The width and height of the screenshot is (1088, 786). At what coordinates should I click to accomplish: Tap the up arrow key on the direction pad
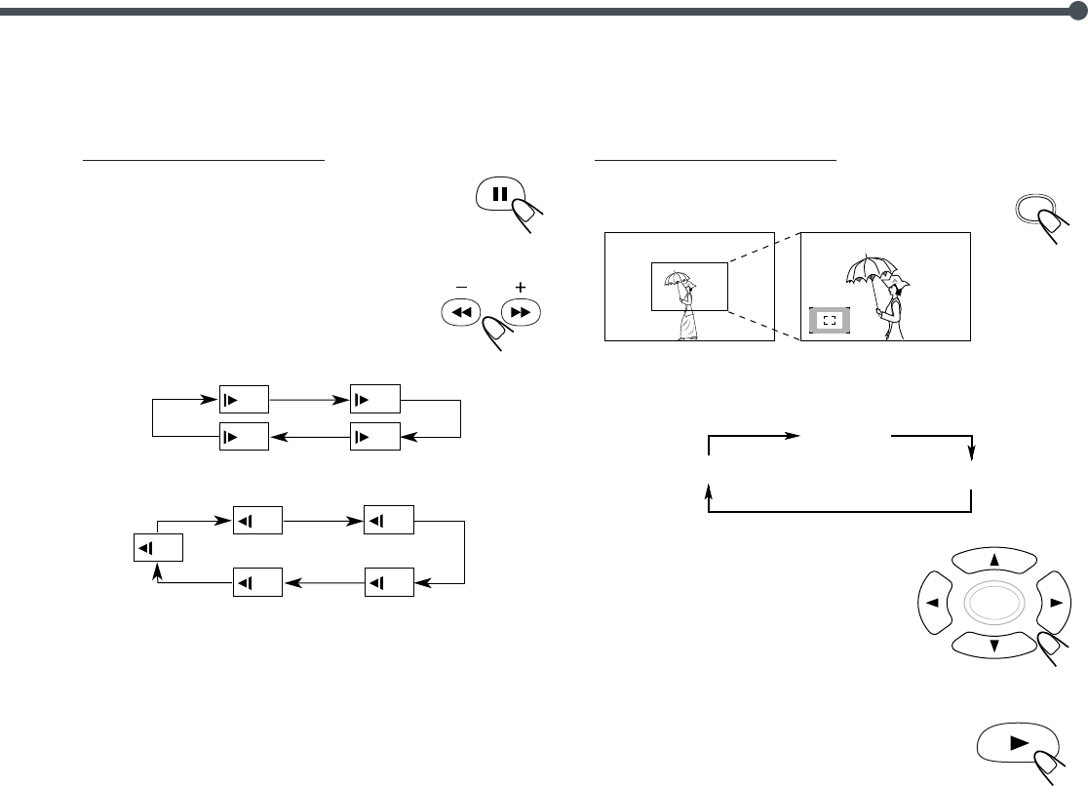[994, 560]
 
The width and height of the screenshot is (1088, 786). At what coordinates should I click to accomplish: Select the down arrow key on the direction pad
[994, 645]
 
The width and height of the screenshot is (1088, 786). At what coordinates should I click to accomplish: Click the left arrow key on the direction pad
[935, 603]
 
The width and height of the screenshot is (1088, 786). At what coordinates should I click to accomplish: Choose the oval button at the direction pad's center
[993, 603]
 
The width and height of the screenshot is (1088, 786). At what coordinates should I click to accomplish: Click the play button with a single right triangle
[1018, 742]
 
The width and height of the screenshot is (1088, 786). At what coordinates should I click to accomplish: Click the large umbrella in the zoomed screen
[871, 268]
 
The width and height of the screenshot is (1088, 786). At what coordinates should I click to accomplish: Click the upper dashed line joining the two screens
[763, 249]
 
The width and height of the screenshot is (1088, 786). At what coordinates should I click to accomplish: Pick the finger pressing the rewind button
[497, 336]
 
